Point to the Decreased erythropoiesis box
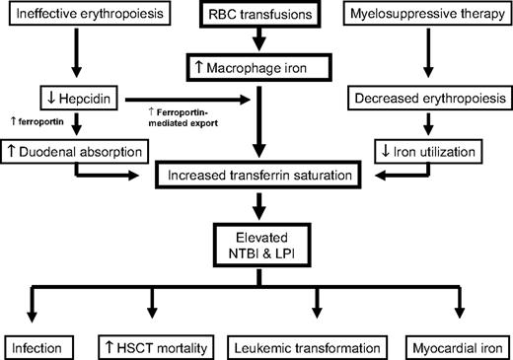(431, 101)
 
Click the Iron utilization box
(431, 152)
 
